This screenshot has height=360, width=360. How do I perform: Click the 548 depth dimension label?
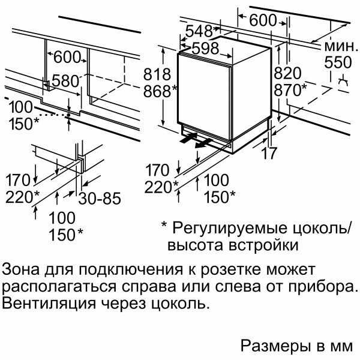click(199, 31)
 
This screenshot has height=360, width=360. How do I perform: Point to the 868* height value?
click(160, 91)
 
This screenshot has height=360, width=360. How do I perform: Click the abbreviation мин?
click(339, 46)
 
